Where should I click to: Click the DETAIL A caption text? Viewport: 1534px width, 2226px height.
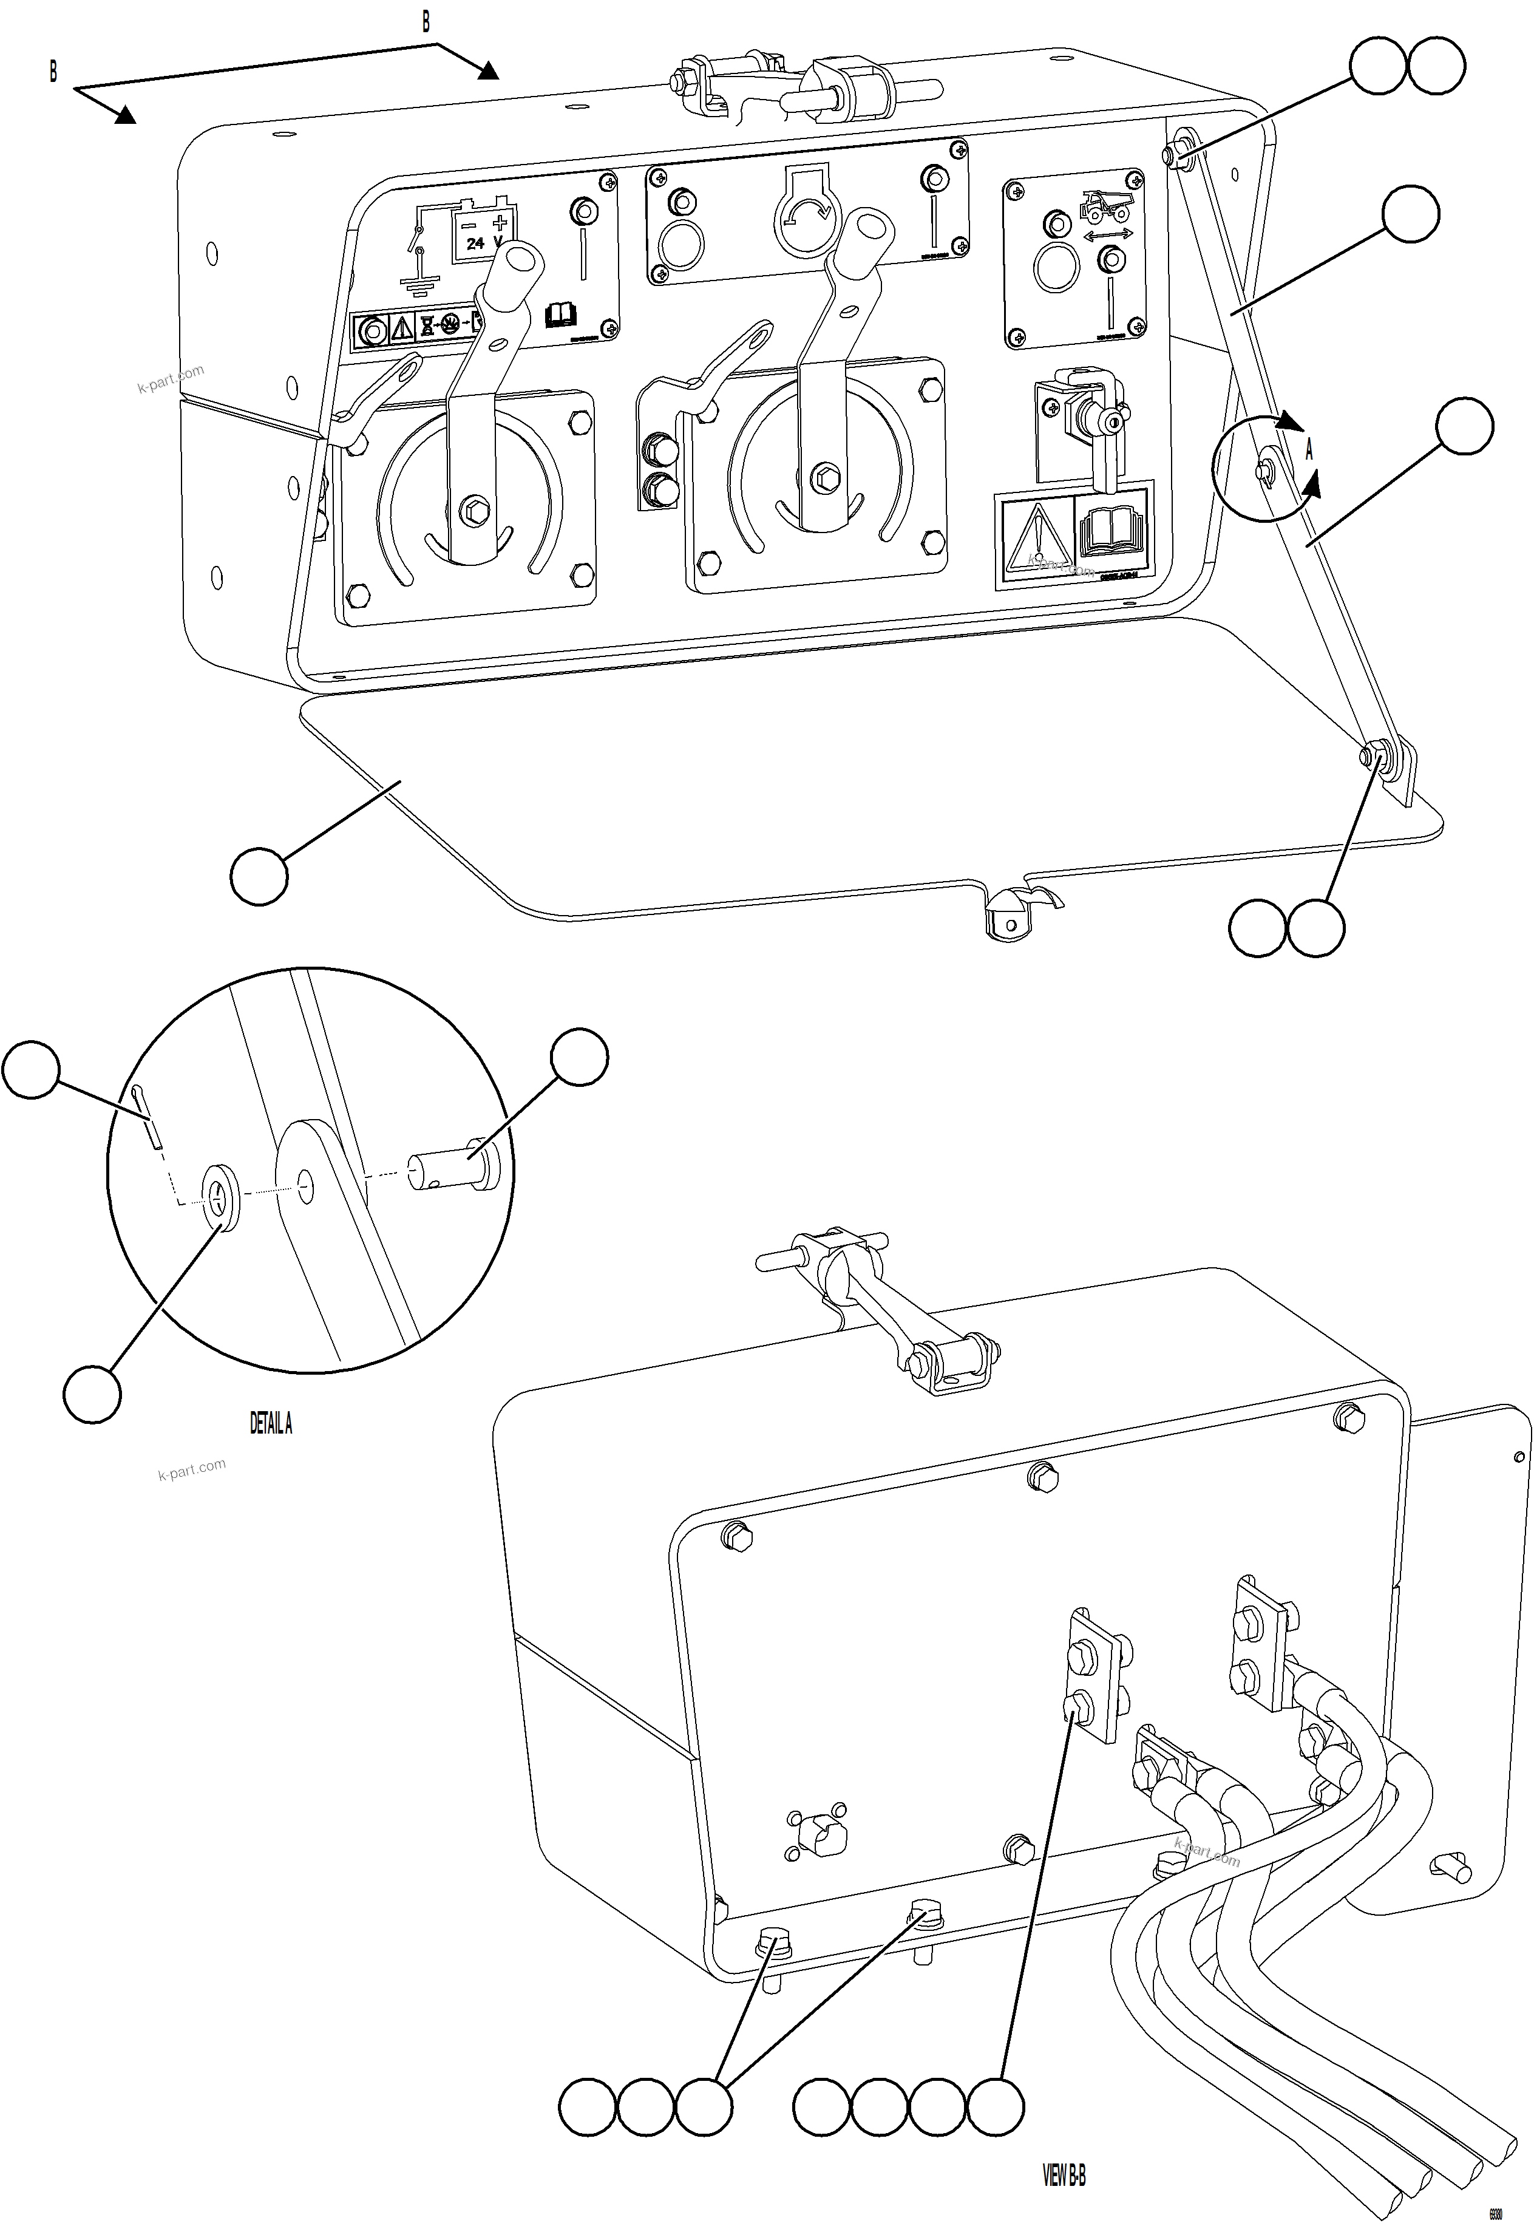270,1423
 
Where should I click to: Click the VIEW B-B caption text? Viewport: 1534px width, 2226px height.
1064,2174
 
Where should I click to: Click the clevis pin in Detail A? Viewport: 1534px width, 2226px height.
453,1166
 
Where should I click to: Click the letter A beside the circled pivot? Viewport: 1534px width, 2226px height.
1308,450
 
